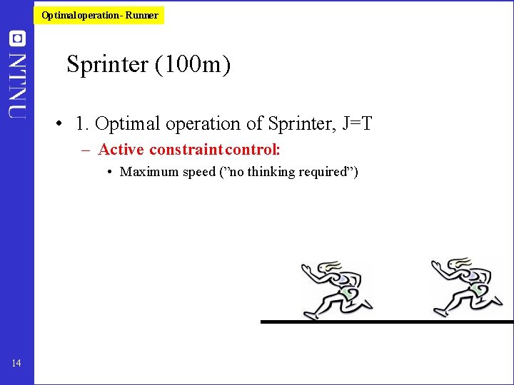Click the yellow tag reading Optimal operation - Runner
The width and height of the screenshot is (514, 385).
tap(100, 15)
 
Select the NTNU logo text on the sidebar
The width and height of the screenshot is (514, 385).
tap(18, 83)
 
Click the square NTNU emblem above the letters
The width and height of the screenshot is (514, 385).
tap(18, 38)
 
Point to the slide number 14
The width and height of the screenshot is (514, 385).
tap(16, 364)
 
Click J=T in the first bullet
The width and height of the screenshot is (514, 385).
tap(357, 124)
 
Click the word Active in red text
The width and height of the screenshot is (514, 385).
tap(121, 150)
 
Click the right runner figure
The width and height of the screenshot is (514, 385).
tap(464, 287)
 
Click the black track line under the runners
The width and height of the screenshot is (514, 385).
tap(385, 322)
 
